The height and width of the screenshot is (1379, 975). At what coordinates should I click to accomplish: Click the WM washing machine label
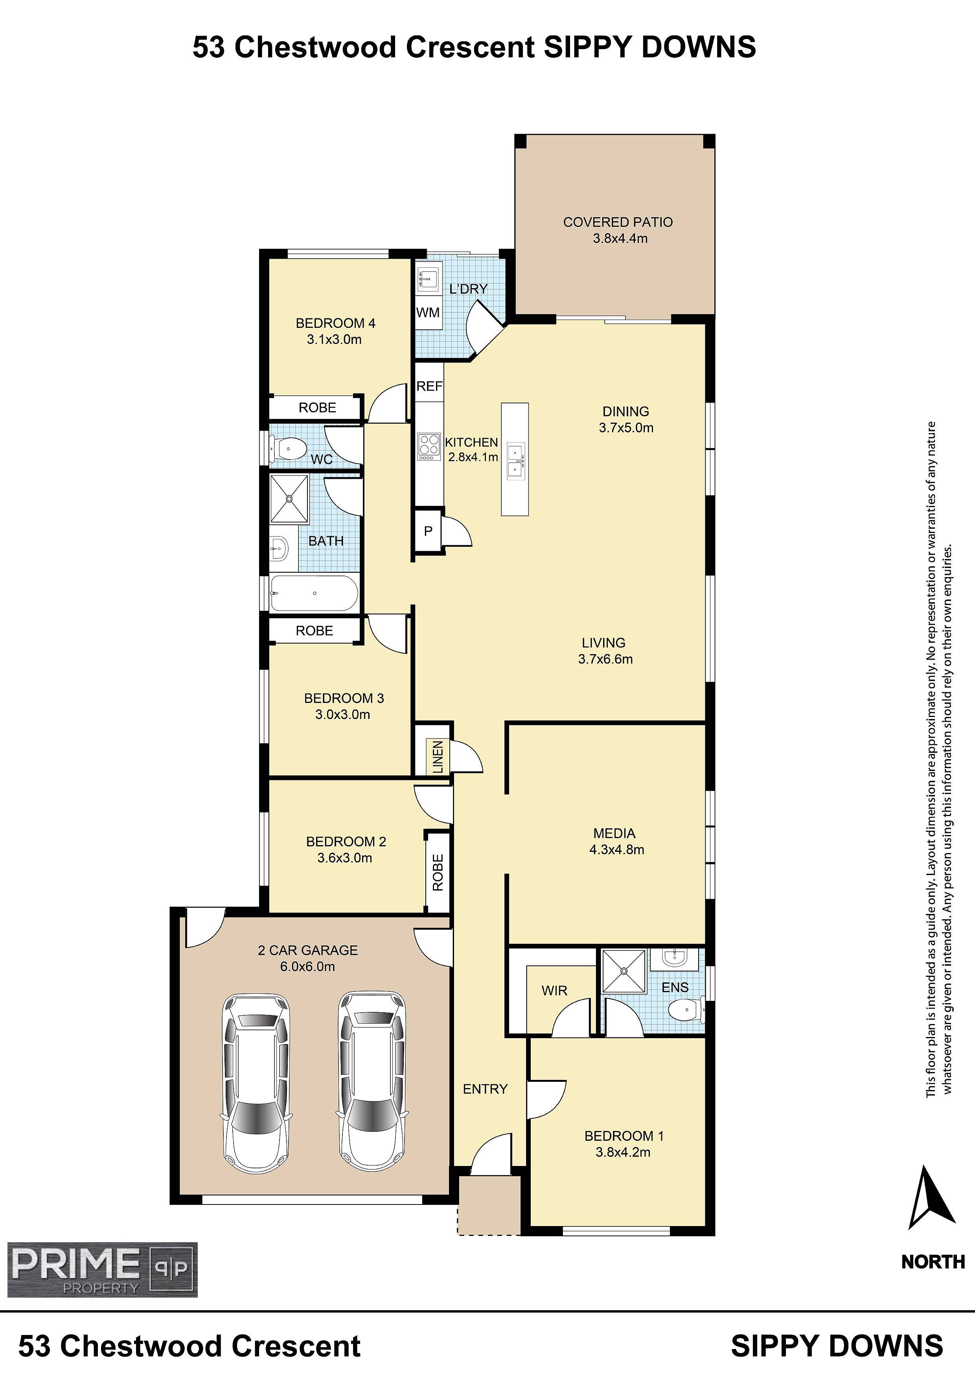[428, 312]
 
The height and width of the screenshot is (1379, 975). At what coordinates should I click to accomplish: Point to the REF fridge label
[430, 386]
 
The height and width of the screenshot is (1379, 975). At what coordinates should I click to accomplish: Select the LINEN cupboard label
[438, 757]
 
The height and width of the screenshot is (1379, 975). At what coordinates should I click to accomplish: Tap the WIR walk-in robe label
[554, 990]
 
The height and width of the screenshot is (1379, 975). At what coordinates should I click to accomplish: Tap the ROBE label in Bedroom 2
[438, 872]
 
